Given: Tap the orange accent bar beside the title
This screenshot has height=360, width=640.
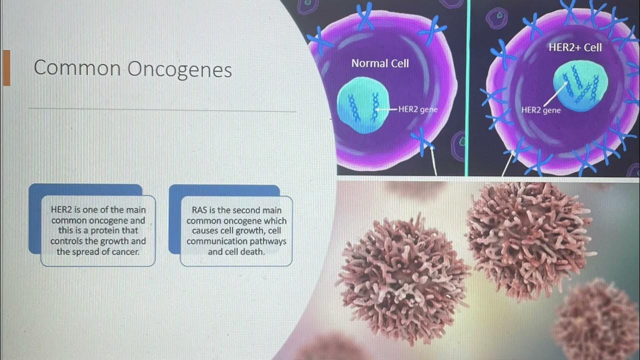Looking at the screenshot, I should coord(6,68).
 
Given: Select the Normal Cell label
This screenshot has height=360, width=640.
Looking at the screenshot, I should coord(380,63).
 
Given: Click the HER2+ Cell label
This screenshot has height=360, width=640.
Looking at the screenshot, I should coord(575,47).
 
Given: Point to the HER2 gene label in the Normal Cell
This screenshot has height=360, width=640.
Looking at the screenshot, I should coord(418,109).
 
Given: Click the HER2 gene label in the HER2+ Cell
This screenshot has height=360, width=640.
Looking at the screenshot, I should coord(541,110).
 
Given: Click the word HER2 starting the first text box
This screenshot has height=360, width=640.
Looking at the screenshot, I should coord(62,210).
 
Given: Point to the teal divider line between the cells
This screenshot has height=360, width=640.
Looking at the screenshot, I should coord(466,87).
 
